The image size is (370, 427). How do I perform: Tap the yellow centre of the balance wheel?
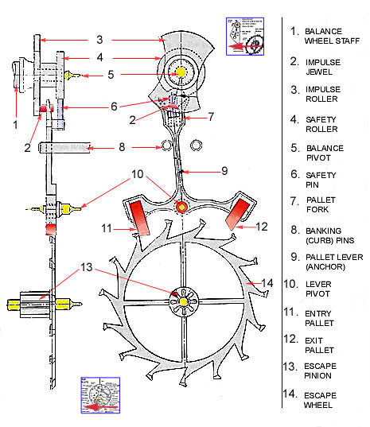(181, 72)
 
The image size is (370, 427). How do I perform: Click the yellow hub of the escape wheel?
(185, 301)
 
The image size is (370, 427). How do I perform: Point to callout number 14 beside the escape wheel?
(267, 282)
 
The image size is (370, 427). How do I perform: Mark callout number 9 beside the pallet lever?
(225, 171)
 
